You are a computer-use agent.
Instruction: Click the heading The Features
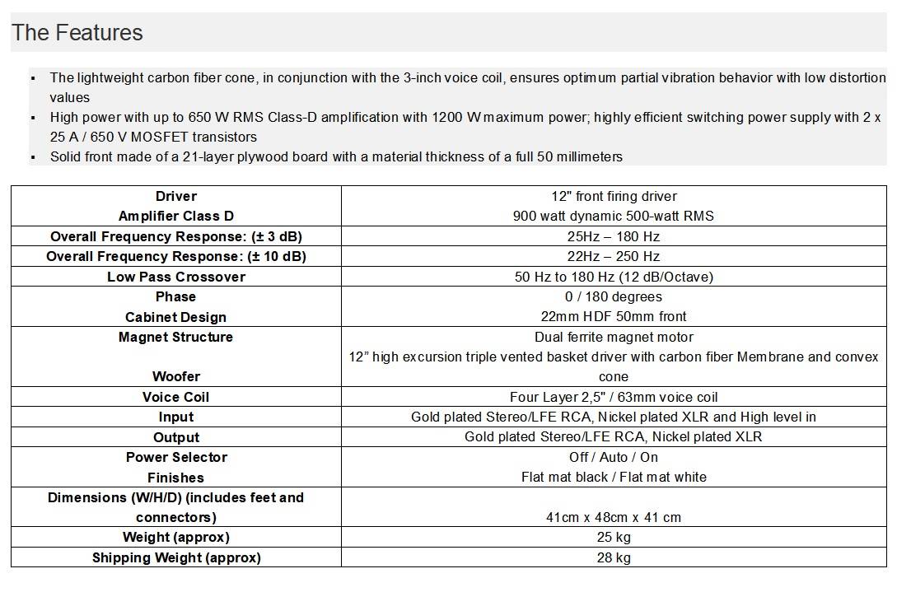[x=77, y=33]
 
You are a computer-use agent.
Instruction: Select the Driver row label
[x=176, y=196]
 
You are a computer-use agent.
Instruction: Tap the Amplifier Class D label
[x=176, y=216]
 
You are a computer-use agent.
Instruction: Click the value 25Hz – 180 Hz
[x=614, y=236]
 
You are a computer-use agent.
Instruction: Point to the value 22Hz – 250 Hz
[x=614, y=256]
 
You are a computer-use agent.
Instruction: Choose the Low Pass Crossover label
[x=176, y=277]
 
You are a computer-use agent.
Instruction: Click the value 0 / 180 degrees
[x=614, y=296]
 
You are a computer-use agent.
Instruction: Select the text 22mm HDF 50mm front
[x=614, y=316]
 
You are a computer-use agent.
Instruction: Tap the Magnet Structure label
[x=176, y=337]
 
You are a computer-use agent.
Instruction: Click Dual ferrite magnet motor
[x=614, y=337]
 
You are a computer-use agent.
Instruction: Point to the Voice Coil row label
[x=176, y=397]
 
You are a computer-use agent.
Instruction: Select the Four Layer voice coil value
[x=614, y=397]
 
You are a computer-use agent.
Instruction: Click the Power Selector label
[x=176, y=457]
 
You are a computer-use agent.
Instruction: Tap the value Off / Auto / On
[x=614, y=457]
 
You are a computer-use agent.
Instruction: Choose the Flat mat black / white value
[x=614, y=477]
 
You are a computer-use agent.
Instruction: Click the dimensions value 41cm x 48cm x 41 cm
[x=614, y=517]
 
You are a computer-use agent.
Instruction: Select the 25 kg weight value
[x=614, y=537]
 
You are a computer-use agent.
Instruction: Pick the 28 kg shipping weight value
[x=614, y=557]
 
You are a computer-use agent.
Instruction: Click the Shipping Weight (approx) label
[x=176, y=557]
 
